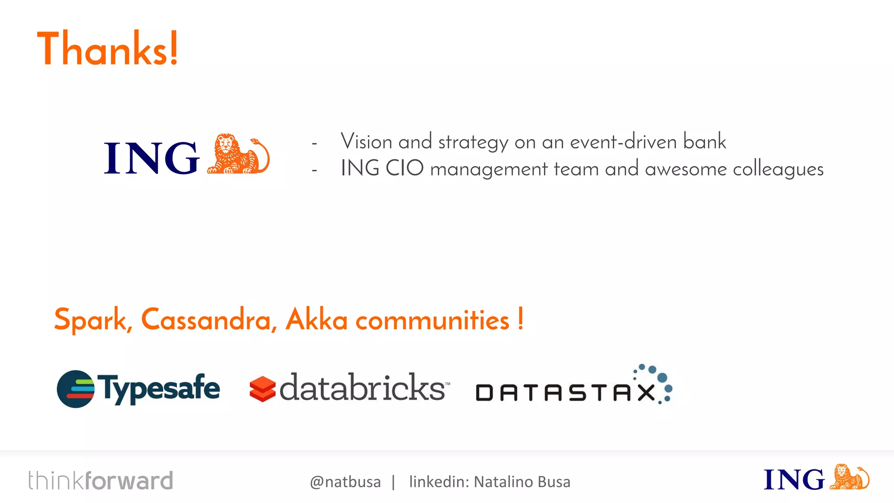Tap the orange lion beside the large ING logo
click(238, 155)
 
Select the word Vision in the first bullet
click(366, 142)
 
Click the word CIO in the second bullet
click(404, 169)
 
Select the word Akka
click(316, 320)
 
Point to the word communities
click(432, 320)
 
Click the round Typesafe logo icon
click(76, 389)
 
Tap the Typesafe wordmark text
click(158, 388)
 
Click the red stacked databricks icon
click(262, 389)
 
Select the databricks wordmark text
click(362, 388)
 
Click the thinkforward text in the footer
click(101, 481)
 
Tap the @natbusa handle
click(345, 482)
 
